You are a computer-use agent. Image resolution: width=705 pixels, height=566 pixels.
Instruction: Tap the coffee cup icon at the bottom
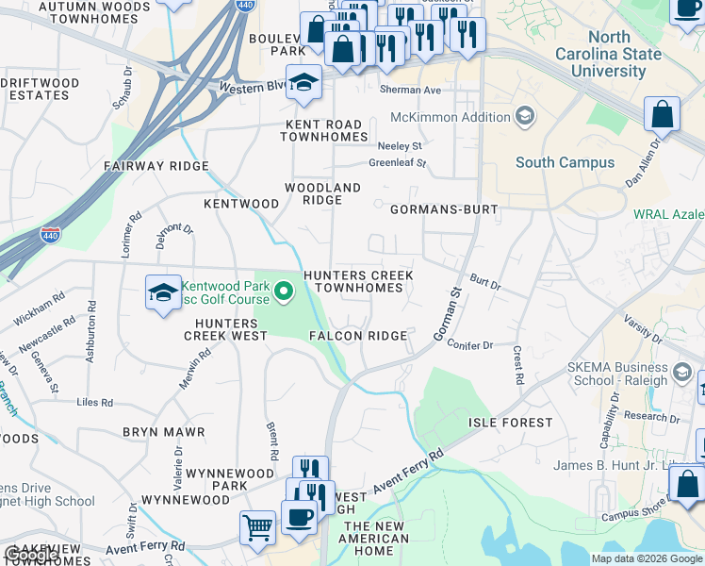click(x=299, y=516)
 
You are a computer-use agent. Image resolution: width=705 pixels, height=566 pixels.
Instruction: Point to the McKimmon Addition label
click(x=448, y=118)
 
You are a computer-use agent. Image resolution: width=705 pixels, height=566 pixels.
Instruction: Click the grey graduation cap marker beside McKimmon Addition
click(x=524, y=117)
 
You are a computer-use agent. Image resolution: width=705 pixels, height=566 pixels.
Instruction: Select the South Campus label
click(x=565, y=162)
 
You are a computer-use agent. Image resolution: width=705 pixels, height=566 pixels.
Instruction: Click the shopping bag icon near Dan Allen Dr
click(x=663, y=114)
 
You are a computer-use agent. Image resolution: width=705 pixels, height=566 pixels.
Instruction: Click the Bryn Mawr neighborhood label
click(x=163, y=432)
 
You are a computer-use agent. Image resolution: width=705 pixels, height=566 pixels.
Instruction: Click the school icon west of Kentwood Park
click(x=163, y=292)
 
